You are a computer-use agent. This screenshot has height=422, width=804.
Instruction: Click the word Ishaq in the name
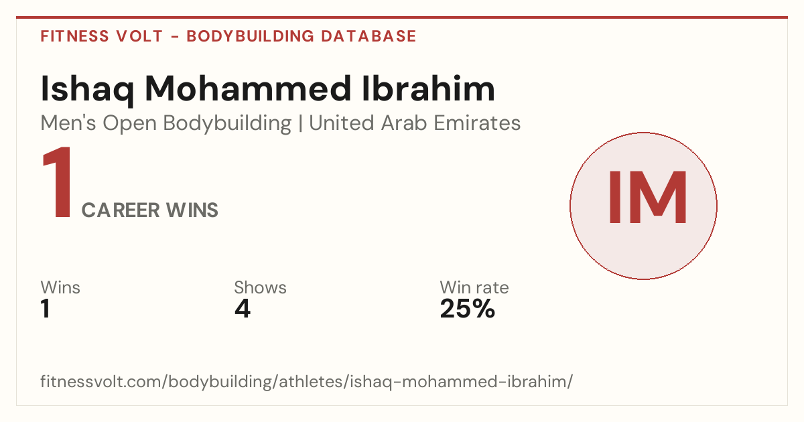pos(88,90)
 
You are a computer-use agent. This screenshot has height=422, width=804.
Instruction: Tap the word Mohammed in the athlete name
pos(248,88)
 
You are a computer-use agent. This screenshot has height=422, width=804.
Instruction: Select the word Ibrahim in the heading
pos(429,88)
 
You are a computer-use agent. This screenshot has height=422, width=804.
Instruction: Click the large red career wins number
pos(58,182)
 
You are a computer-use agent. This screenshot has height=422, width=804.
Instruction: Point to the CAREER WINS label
pos(150,210)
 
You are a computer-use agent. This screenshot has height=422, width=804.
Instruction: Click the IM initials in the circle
pos(647,198)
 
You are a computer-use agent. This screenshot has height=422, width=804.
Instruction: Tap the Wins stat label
pos(60,287)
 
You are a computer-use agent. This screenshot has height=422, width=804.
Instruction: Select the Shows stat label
pos(260,287)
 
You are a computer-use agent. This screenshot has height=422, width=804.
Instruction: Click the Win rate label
pos(474,287)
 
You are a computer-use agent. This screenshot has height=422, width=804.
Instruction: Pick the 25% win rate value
pos(468,309)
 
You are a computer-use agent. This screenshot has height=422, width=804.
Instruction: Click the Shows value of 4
pos(243,309)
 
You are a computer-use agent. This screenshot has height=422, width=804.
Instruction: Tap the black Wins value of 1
pos(46,309)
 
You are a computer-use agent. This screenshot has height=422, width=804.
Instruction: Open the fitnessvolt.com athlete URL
pos(307,381)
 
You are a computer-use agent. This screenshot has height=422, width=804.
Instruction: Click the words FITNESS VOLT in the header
pos(102,36)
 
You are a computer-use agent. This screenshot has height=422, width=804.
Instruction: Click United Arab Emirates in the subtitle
pos(415,123)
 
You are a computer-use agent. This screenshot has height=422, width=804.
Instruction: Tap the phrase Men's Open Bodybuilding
pos(166,124)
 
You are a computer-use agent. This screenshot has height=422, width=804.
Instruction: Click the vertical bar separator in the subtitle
pos(300,124)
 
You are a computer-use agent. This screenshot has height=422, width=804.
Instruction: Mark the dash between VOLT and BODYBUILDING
pos(175,37)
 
